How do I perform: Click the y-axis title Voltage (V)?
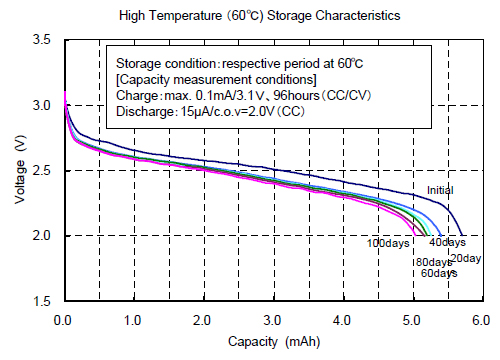coord(21,170)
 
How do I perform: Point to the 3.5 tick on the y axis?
coord(43,40)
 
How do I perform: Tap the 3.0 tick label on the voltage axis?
coord(43,105)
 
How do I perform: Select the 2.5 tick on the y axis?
coord(43,170)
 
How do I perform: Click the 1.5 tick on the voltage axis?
coord(43,301)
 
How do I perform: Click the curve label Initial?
coord(441,190)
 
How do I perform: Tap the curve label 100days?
coord(389,243)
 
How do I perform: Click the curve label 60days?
coord(435,273)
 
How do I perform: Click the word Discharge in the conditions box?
coord(143,111)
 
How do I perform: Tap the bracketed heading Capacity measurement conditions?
coord(217,79)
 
